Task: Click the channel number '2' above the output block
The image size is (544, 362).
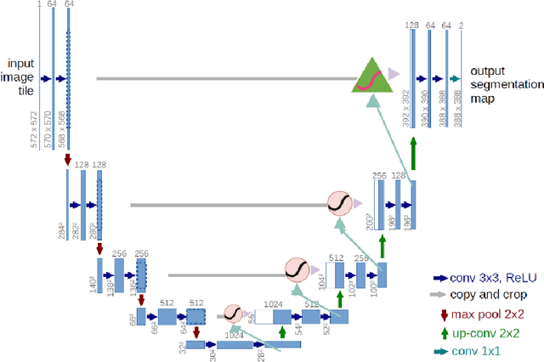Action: point(462,26)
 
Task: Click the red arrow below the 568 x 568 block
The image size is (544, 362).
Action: point(67,160)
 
